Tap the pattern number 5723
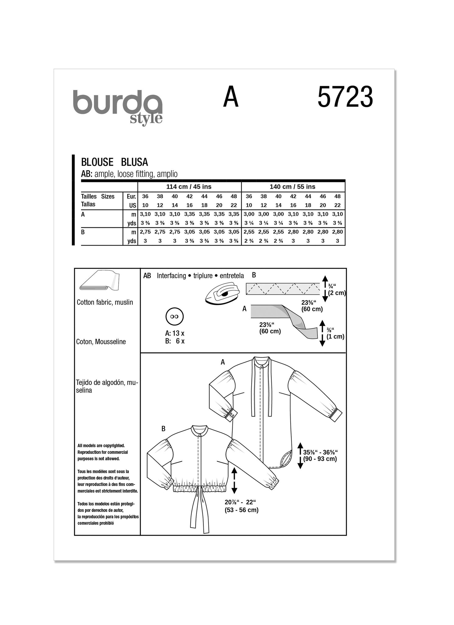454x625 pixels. pyautogui.click(x=345, y=97)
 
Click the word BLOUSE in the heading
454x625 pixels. pyautogui.click(x=97, y=162)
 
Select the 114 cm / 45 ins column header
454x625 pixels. pyautogui.click(x=189, y=187)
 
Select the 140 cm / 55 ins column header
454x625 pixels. pyautogui.click(x=292, y=187)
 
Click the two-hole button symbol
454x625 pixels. pyautogui.click(x=174, y=317)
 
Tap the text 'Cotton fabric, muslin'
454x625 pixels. pyautogui.click(x=105, y=302)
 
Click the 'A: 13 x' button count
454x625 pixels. pyautogui.click(x=175, y=333)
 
